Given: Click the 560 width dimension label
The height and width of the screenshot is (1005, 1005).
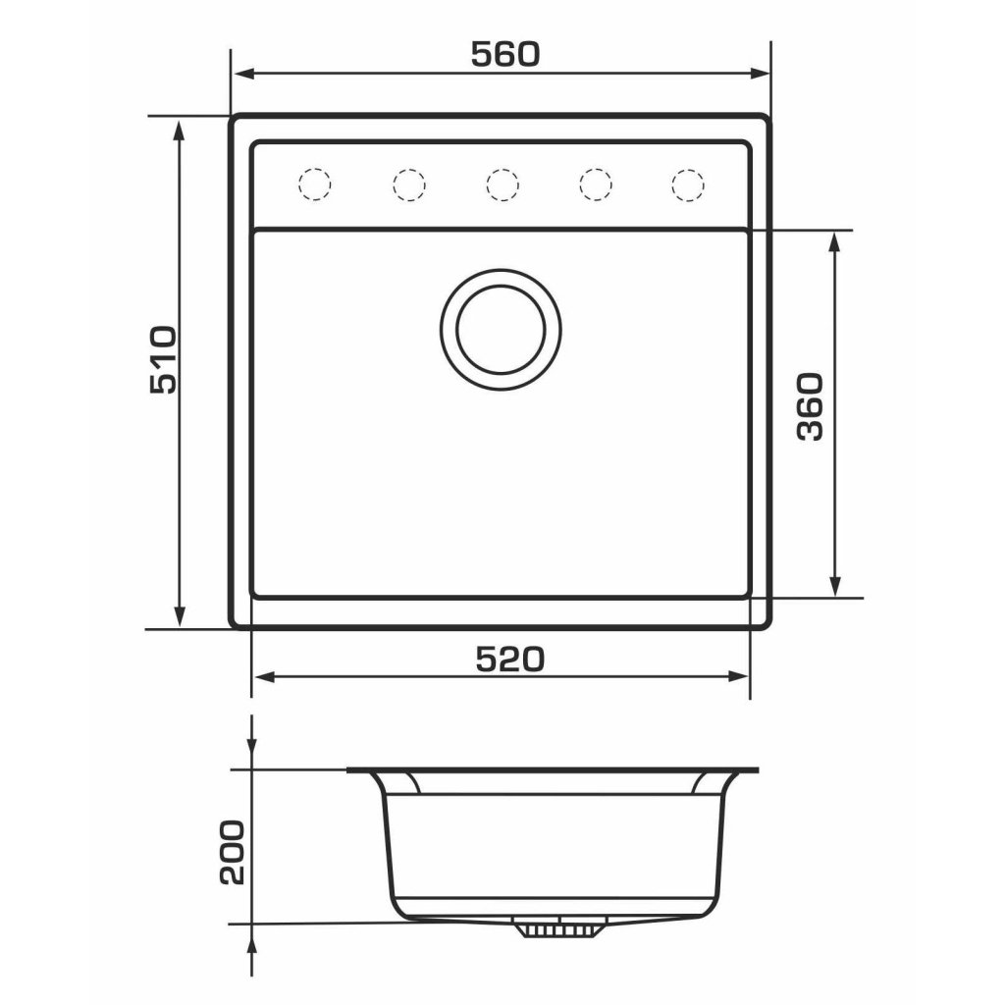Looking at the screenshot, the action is [x=505, y=55].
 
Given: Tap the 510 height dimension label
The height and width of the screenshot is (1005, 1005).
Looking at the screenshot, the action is [x=163, y=359].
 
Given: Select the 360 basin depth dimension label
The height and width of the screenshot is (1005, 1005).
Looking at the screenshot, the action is [x=810, y=406].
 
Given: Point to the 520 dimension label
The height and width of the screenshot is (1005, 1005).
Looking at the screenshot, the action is [x=510, y=660].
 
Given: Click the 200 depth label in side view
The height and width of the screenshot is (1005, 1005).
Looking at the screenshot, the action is [x=232, y=853].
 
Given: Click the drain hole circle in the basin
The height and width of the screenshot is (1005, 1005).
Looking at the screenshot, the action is [x=501, y=330].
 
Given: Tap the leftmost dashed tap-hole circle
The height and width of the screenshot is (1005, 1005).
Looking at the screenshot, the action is [x=315, y=185].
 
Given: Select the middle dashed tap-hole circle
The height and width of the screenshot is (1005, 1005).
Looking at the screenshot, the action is [x=502, y=185].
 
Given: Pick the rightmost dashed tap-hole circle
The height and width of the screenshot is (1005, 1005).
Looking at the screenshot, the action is [x=688, y=185].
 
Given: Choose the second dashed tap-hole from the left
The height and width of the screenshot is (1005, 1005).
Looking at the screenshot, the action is [x=409, y=185].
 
